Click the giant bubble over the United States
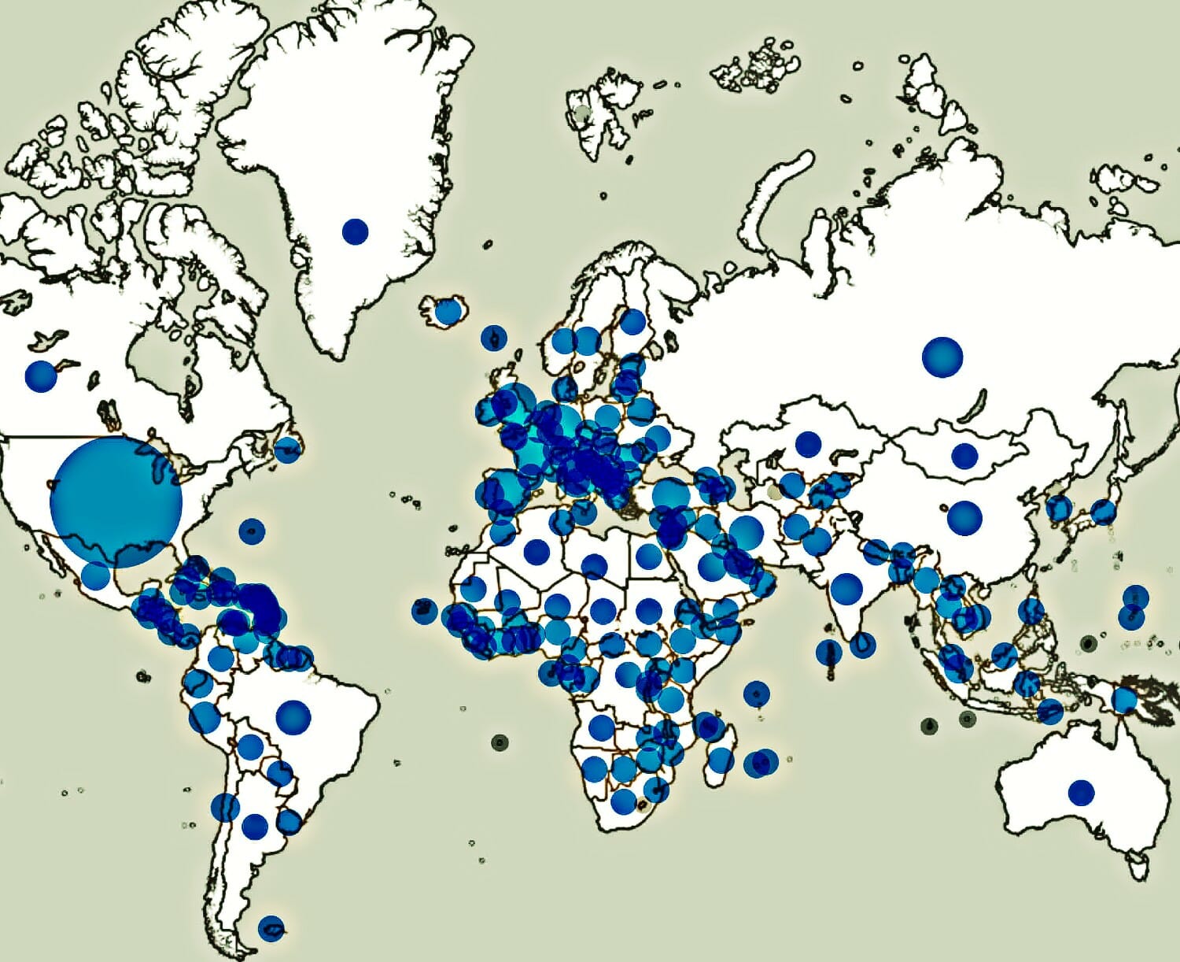116,502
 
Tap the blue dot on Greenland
355,231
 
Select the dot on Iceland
448,312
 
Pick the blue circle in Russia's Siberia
942,357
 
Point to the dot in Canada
41,376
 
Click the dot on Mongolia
964,455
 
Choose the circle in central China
964,517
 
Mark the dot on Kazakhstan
807,444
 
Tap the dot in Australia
1081,792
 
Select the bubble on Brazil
293,716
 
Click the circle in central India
846,589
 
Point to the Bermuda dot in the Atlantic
252,531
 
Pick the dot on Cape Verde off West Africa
424,611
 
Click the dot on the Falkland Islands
271,928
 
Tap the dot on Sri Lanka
863,645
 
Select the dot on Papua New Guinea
1124,698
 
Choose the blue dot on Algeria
537,550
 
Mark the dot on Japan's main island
1103,512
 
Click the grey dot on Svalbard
582,113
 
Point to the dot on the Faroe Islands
493,337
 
